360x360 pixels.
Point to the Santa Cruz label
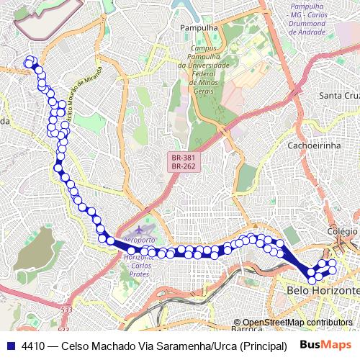338,96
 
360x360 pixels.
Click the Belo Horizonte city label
323,290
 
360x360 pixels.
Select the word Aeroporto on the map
139,240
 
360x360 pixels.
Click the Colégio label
343,231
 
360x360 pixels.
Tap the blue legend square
12,346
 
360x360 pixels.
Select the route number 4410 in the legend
35,346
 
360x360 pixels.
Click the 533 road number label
66,310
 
